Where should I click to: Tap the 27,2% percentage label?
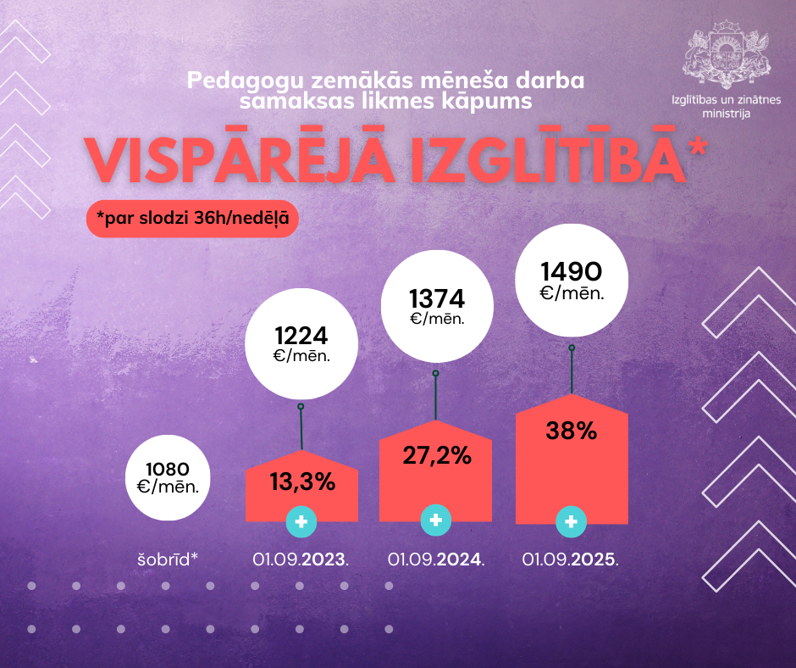(436, 455)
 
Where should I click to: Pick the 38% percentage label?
(572, 431)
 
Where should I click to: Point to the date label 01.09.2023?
(301, 559)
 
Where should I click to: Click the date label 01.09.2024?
(436, 559)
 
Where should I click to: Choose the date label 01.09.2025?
(571, 559)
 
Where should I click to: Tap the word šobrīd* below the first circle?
(168, 559)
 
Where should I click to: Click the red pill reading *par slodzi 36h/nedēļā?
(192, 219)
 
